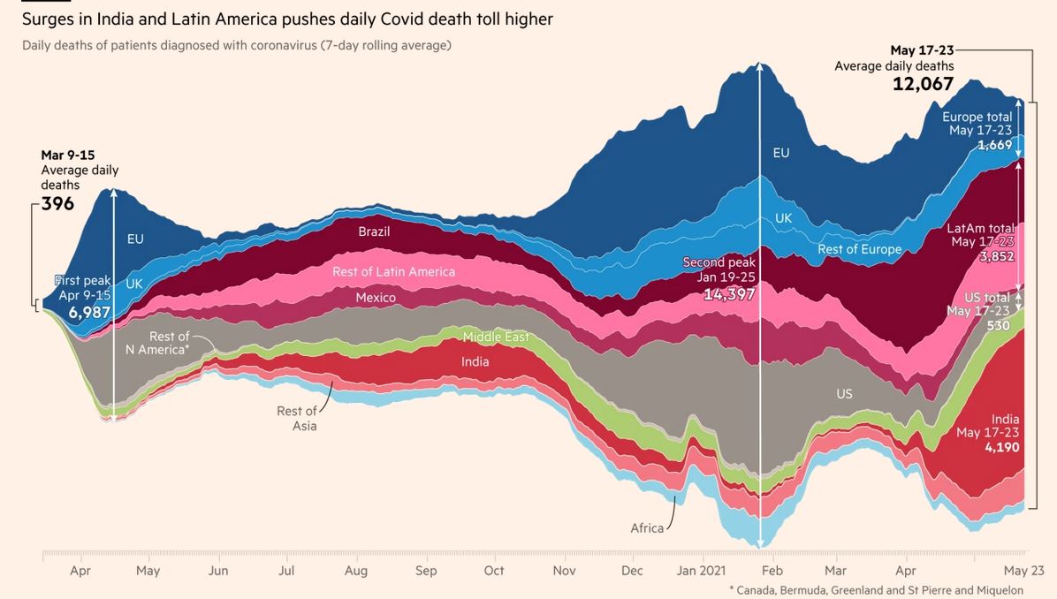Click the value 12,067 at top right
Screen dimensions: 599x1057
click(924, 84)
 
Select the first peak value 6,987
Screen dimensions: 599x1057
click(89, 312)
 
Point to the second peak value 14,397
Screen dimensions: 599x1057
click(729, 294)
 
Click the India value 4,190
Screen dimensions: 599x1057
click(1001, 448)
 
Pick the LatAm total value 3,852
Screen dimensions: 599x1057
click(996, 257)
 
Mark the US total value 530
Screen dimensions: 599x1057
click(998, 325)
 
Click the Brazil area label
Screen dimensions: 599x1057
click(374, 232)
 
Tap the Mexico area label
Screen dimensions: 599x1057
click(376, 298)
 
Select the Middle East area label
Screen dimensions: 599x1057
click(496, 337)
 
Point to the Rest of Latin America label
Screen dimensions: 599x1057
click(393, 272)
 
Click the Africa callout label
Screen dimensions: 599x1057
click(647, 528)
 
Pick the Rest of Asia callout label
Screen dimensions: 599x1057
click(297, 418)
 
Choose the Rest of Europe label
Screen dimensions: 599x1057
click(859, 249)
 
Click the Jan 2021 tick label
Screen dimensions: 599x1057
click(701, 571)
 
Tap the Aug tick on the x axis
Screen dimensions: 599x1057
click(356, 571)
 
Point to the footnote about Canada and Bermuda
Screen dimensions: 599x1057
click(876, 589)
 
